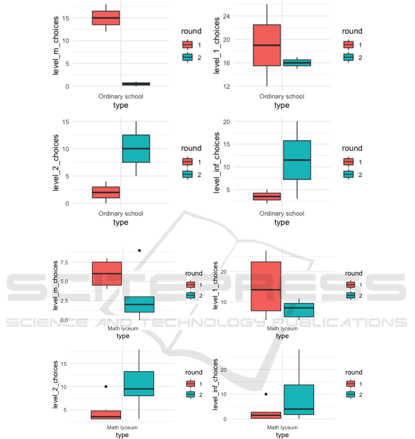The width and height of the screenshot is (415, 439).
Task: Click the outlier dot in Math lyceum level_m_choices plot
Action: pos(139,251)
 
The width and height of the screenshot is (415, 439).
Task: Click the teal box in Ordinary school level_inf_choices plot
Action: pos(297,160)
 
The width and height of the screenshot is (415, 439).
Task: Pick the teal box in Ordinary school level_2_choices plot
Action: pos(136,149)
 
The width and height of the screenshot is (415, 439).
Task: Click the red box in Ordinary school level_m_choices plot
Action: pos(106,18)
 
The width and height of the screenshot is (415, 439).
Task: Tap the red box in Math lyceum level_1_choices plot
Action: pos(266,286)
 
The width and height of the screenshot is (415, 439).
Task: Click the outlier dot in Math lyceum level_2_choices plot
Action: pos(106,386)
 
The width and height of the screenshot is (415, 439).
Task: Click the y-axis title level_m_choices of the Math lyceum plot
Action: pos(56,285)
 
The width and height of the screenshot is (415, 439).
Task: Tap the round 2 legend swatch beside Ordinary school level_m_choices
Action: pos(187,57)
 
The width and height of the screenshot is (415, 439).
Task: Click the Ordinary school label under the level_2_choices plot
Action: pos(121,213)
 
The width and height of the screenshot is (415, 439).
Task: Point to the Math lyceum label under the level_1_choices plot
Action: pos(282,328)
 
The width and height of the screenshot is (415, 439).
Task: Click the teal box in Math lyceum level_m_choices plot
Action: pos(139,304)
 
